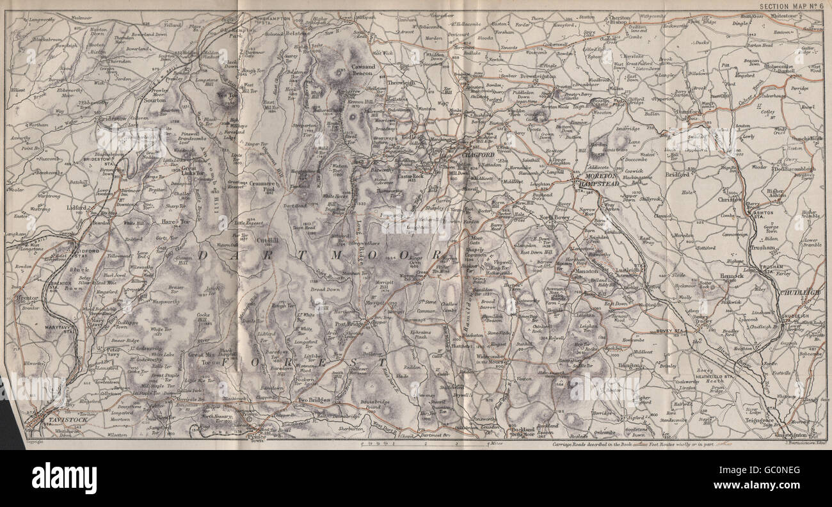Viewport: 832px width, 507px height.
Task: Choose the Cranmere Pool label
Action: coord(262,185)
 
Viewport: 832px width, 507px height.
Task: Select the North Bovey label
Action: coord(554,218)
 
